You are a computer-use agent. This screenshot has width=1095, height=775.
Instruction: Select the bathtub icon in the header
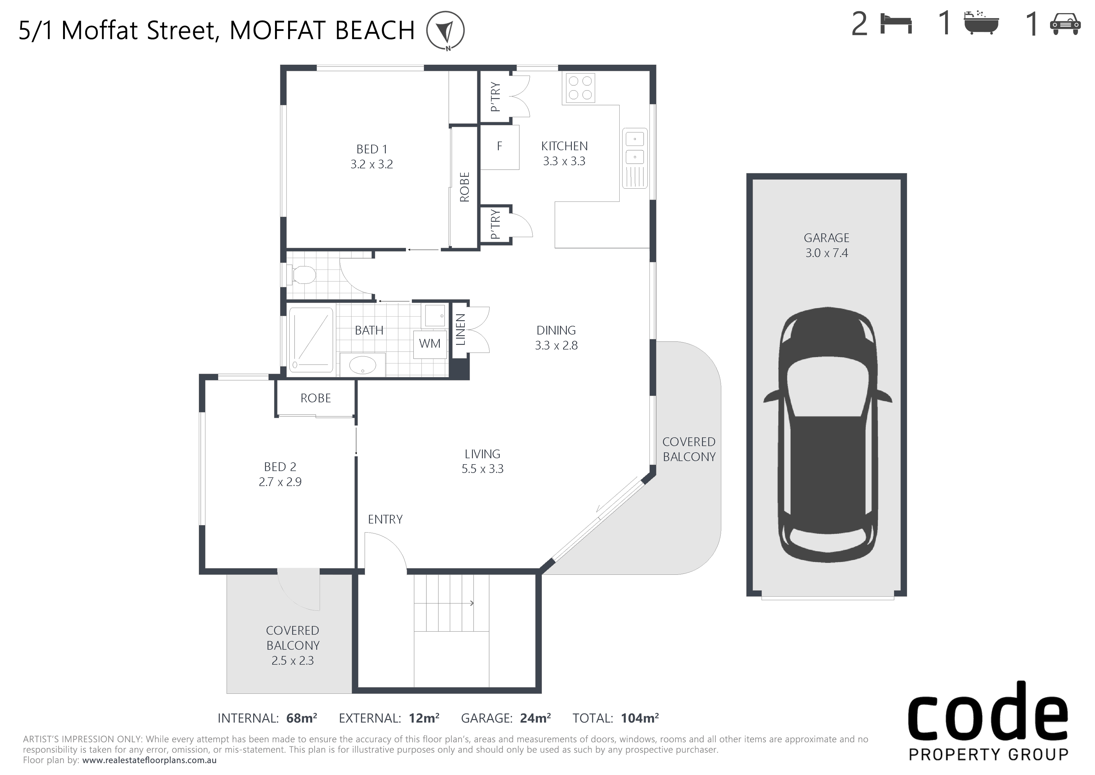pyautogui.click(x=981, y=23)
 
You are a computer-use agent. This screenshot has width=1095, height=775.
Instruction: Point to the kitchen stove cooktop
pyautogui.click(x=580, y=88)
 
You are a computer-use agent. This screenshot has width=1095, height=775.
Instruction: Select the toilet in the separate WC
pyautogui.click(x=302, y=275)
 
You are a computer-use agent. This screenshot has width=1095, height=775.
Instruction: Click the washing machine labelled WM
pyautogui.click(x=430, y=344)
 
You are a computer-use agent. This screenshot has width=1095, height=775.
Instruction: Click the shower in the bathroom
pyautogui.click(x=311, y=340)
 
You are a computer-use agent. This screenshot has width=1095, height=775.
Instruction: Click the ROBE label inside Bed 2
pyautogui.click(x=315, y=398)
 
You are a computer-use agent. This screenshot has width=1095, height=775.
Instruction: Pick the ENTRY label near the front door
pyautogui.click(x=385, y=519)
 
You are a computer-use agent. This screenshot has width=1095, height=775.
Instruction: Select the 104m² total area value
pyautogui.click(x=640, y=718)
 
